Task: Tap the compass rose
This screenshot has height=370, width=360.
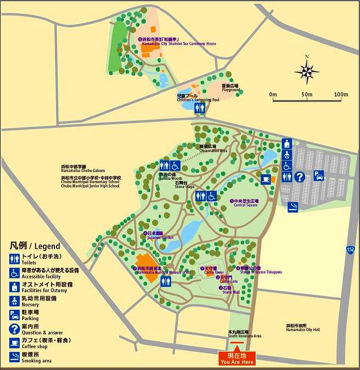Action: point(307,71)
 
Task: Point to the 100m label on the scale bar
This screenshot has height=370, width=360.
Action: point(340,95)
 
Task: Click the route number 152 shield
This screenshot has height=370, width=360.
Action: point(350,249)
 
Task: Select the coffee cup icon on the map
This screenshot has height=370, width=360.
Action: point(266,179)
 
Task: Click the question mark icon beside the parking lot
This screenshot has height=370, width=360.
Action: point(300,177)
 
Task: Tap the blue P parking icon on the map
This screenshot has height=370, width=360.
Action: point(319,176)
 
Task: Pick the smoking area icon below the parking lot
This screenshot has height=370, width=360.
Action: point(294,206)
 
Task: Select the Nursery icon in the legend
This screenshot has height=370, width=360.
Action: point(15,300)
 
